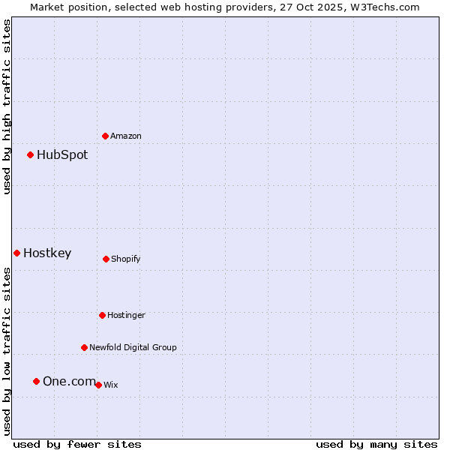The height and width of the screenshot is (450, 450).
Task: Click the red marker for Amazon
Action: [x=105, y=136]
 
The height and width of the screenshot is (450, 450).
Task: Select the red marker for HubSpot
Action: [x=30, y=154]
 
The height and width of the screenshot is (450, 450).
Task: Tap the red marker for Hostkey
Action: [x=16, y=253]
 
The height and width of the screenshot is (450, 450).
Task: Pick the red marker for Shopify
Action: [x=106, y=259]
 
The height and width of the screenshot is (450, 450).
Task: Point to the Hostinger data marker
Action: [x=102, y=315]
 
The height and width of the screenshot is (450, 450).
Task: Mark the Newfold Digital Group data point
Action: [x=84, y=347]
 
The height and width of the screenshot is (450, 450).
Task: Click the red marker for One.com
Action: [x=36, y=381]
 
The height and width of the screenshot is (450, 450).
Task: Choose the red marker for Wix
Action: [x=98, y=385]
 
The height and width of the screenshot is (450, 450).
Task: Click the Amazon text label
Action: [x=126, y=136]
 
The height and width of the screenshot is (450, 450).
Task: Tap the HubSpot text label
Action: [x=62, y=154]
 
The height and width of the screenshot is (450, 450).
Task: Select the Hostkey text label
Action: [x=47, y=253]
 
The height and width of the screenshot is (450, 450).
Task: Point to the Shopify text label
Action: [x=126, y=259]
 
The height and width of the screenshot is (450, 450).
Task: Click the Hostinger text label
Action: [x=126, y=315]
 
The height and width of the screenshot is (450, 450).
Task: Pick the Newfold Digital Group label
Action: [x=133, y=347]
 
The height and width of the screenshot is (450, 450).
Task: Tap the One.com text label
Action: [x=69, y=381]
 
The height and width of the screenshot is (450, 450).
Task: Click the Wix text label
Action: [x=111, y=385]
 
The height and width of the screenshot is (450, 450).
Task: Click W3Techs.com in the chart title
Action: [x=382, y=7]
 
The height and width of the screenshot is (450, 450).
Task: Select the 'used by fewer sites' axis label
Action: [x=77, y=444]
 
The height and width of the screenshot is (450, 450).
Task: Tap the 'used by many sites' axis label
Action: [x=376, y=444]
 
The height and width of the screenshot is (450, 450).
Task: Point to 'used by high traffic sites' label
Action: [x=7, y=106]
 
